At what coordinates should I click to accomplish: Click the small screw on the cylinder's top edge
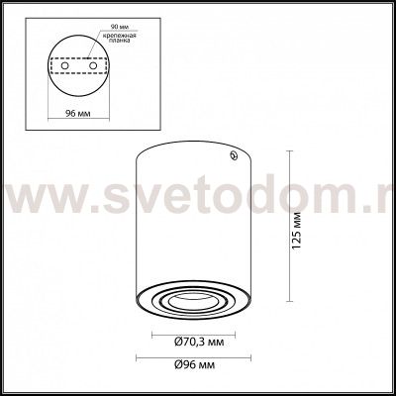click(233, 154)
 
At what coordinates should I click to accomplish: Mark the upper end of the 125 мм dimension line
click(288, 150)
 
